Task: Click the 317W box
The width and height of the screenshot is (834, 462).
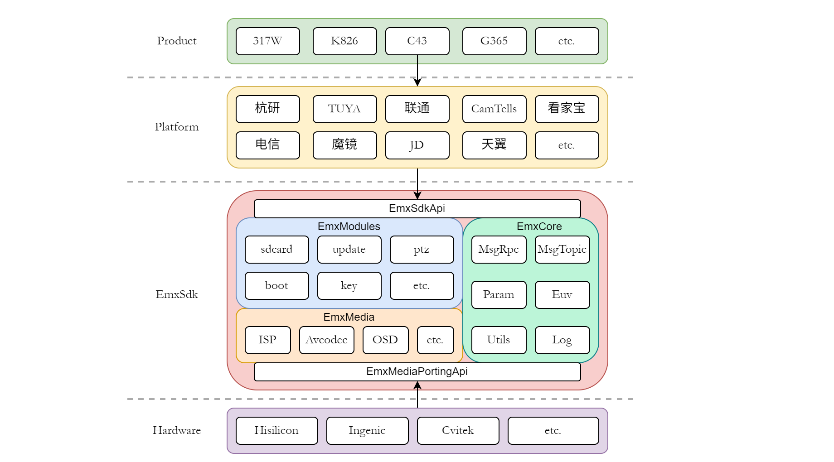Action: (267, 41)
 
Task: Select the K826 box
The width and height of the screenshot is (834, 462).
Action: (344, 41)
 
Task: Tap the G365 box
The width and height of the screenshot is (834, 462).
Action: (494, 41)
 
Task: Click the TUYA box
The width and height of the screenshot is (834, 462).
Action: (344, 109)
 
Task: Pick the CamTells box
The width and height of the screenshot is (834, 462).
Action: (494, 109)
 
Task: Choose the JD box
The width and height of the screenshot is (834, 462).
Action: (417, 145)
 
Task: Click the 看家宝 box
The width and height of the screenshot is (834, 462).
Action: (567, 109)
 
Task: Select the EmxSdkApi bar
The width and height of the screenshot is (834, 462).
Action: (417, 209)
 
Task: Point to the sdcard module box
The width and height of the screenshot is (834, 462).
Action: (276, 250)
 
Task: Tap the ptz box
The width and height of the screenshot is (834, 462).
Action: (422, 250)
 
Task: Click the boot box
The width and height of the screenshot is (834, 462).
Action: (276, 286)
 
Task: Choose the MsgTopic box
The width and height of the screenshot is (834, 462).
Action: (562, 250)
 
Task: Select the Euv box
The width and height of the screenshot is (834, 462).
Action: (562, 295)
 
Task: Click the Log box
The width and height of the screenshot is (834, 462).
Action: (562, 340)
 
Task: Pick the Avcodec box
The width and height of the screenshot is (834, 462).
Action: (326, 340)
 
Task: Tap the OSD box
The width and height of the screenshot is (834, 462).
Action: (385, 340)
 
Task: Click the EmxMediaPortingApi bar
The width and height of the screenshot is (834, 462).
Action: (417, 372)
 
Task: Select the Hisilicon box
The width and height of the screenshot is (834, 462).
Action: (276, 431)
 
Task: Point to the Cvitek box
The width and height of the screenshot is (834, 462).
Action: (458, 431)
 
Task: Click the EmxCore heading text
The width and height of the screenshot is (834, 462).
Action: (539, 226)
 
